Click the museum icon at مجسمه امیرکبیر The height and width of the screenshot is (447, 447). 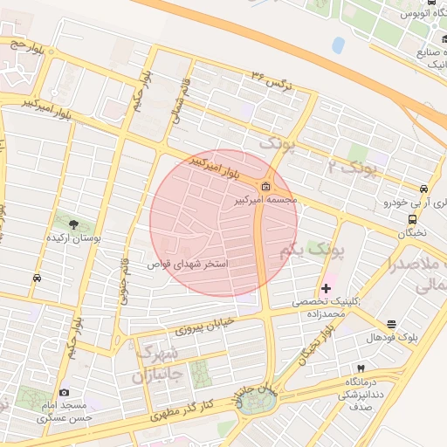[x=265, y=186]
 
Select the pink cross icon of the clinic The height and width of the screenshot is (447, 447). [x=327, y=288]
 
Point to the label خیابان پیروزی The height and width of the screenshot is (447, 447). [x=206, y=325]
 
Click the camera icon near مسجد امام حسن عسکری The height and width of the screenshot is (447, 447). [x=64, y=393]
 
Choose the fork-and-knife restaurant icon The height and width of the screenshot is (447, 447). [x=360, y=369]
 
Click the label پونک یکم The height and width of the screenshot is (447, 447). [x=313, y=251]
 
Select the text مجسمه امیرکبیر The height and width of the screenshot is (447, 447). [x=266, y=200]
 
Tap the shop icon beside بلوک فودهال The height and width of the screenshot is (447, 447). [x=390, y=324]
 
